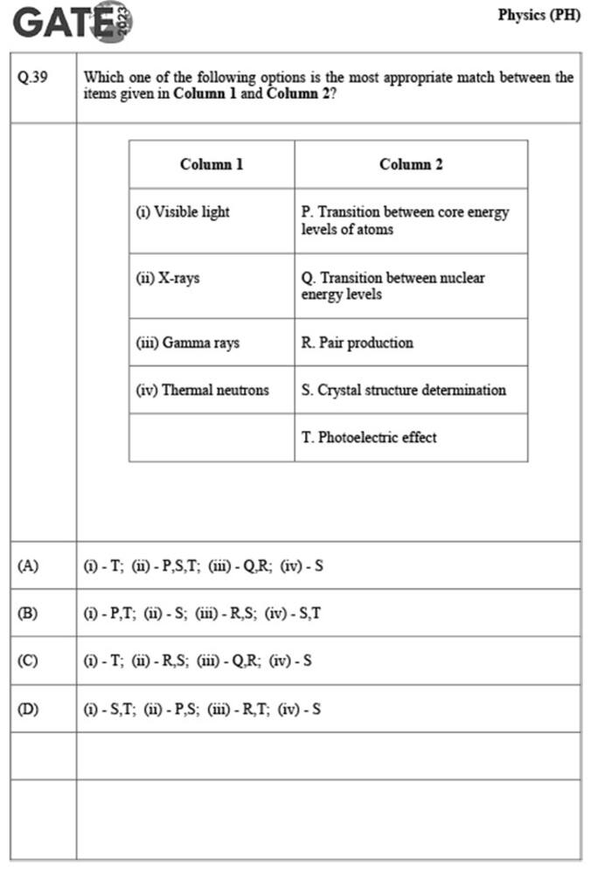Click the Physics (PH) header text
[x=539, y=16]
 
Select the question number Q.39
[x=33, y=77]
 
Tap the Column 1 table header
[x=212, y=164]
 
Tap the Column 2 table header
[x=411, y=164]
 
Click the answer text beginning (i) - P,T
[x=202, y=613]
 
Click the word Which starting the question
[x=101, y=78]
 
